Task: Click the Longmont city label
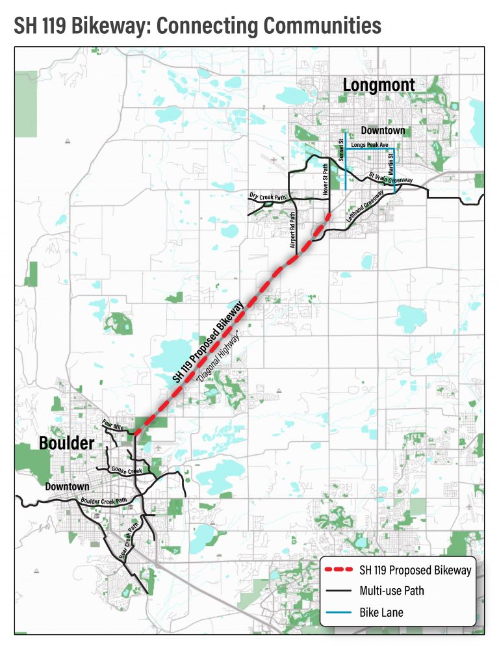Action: coord(378,85)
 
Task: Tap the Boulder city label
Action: coord(67,443)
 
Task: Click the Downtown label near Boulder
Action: coord(68,486)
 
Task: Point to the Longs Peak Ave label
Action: coord(369,145)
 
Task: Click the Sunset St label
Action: coord(340,153)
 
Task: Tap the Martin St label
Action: coord(391,160)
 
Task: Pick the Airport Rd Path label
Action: coord(292,231)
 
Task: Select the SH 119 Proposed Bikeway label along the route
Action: coord(207,341)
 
